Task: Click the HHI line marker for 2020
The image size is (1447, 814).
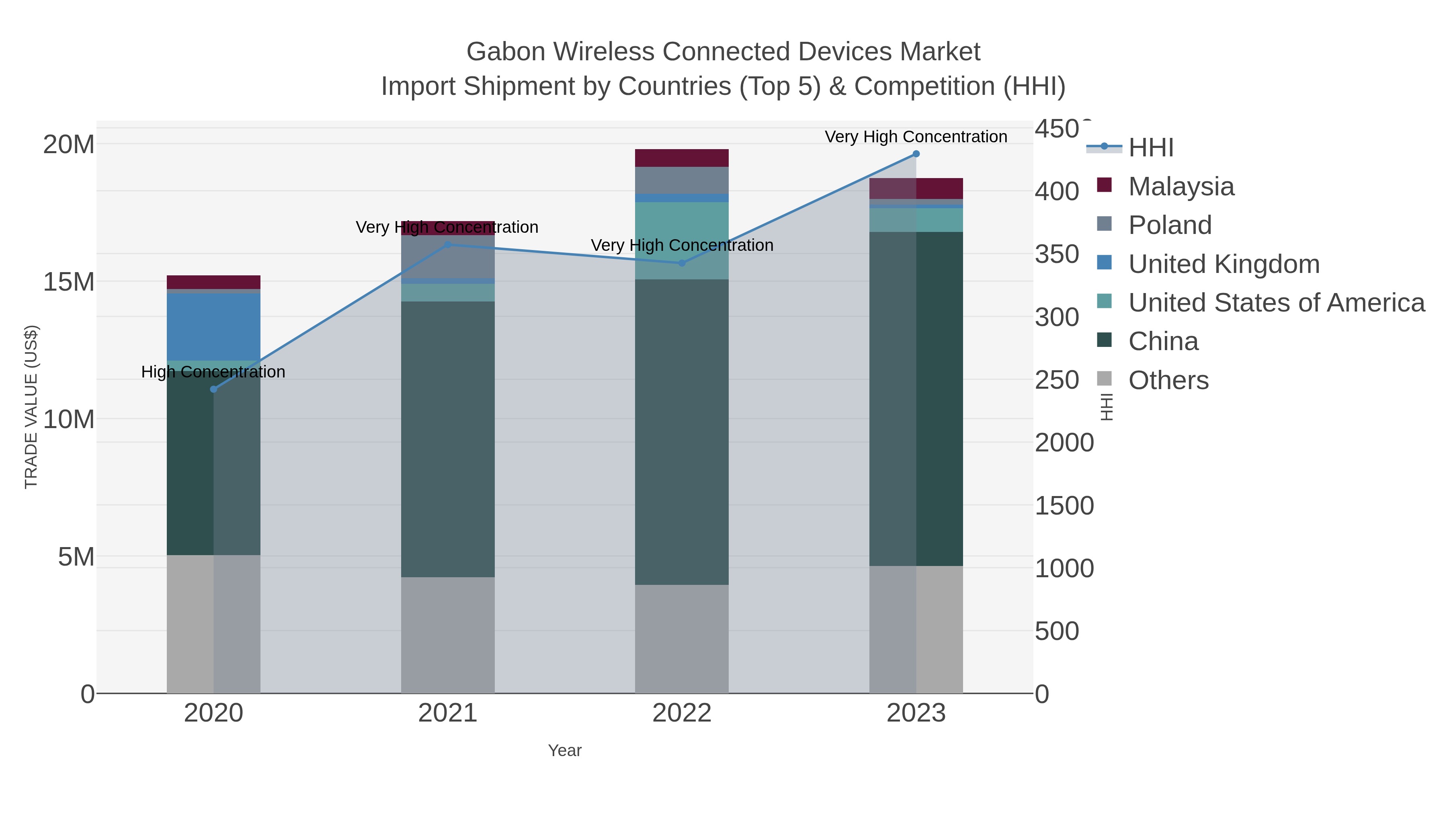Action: [213, 389]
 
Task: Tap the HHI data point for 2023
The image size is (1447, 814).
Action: [916, 154]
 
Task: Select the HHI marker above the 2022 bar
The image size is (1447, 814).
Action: [682, 263]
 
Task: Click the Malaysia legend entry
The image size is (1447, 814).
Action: [1181, 187]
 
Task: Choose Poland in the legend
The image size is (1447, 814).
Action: [1170, 225]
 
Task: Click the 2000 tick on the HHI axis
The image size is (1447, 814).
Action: [1064, 443]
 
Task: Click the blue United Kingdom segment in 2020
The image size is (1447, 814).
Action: [213, 326]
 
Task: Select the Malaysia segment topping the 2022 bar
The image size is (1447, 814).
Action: [682, 158]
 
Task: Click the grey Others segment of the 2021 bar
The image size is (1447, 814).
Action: [448, 635]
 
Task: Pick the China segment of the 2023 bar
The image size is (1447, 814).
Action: [939, 399]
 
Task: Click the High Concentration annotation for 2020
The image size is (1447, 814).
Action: [213, 372]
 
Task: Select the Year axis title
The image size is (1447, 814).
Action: [565, 750]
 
